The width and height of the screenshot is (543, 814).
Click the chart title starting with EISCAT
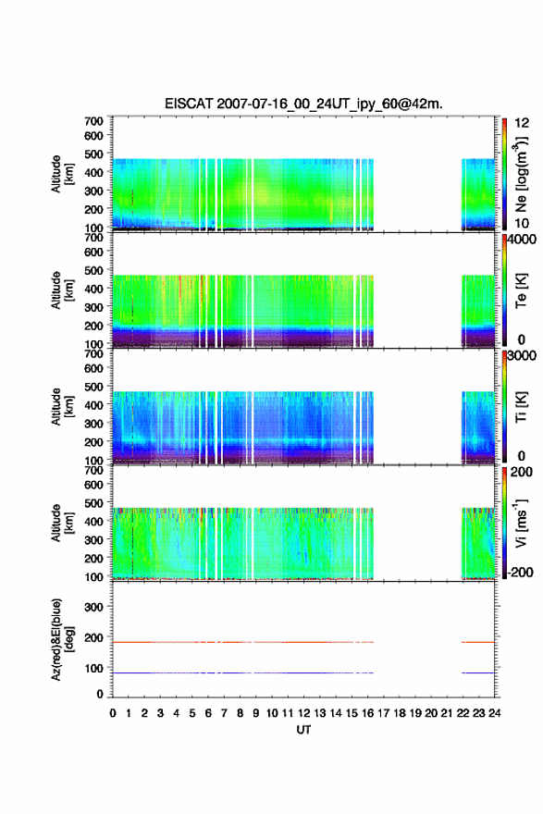[303, 104]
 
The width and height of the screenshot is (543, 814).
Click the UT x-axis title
[303, 730]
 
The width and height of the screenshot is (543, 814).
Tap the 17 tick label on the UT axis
[384, 713]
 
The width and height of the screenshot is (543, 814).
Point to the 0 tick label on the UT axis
[113, 713]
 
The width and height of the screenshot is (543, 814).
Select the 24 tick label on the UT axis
[495, 713]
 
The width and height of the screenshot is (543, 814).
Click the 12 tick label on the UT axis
[303, 713]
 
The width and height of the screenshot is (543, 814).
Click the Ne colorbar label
[522, 174]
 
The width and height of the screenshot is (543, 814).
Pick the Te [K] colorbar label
[521, 290]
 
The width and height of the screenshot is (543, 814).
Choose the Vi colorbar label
[522, 523]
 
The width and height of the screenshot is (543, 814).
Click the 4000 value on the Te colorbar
[522, 240]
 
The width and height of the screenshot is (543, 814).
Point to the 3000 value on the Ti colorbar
[522, 355]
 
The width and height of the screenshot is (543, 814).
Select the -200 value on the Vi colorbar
[520, 572]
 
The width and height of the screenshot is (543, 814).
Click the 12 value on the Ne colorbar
[522, 123]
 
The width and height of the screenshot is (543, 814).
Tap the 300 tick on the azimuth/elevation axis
[93, 607]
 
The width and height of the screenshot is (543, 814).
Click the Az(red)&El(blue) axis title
[62, 639]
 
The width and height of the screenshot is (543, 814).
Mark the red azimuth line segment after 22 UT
[478, 642]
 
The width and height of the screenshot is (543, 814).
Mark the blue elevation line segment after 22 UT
[478, 672]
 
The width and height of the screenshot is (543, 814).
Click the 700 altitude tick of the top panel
[93, 121]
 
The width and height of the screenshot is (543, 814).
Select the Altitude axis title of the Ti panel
[62, 406]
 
